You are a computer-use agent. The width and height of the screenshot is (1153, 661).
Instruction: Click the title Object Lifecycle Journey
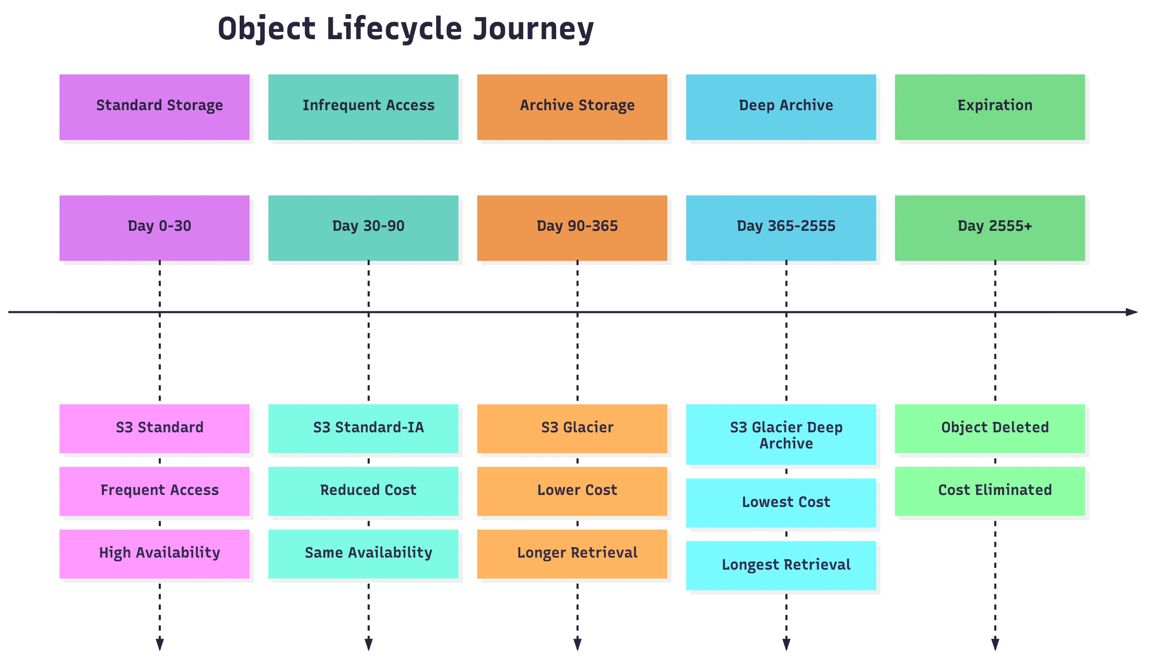pos(406,29)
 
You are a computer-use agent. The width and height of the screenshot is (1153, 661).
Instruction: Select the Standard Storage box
pos(155,107)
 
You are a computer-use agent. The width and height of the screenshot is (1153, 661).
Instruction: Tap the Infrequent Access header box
pos(363,107)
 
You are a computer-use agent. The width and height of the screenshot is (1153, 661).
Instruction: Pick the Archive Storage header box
pos(572,107)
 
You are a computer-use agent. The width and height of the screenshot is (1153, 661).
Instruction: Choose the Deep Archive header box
pos(781,107)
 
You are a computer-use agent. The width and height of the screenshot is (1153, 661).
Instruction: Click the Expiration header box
pos(990,107)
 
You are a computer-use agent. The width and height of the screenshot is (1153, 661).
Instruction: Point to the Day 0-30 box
pos(155,228)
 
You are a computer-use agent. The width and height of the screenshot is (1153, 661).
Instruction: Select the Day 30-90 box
pos(363,228)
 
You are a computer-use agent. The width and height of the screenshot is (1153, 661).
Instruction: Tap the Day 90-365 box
pos(572,228)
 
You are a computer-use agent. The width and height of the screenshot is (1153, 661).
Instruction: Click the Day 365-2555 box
pos(781,228)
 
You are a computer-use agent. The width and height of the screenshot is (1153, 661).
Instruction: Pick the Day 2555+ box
pos(990,228)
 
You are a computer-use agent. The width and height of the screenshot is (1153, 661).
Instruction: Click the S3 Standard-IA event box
pos(363,429)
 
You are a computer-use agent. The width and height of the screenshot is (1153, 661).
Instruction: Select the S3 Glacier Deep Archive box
pos(781,434)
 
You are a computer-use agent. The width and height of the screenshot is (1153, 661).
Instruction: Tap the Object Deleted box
pos(990,429)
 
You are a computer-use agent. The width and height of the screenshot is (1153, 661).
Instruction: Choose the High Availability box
pos(155,554)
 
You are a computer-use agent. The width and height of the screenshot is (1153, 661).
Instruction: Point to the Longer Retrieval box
pos(572,554)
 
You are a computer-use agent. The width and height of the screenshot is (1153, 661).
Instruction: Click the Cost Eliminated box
pos(990,491)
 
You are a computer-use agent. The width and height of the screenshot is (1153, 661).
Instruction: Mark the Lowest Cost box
pos(781,503)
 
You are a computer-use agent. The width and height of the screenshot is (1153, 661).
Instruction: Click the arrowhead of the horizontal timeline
pos(1132,312)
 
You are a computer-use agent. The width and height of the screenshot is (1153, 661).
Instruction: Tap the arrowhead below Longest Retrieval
pos(786,644)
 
